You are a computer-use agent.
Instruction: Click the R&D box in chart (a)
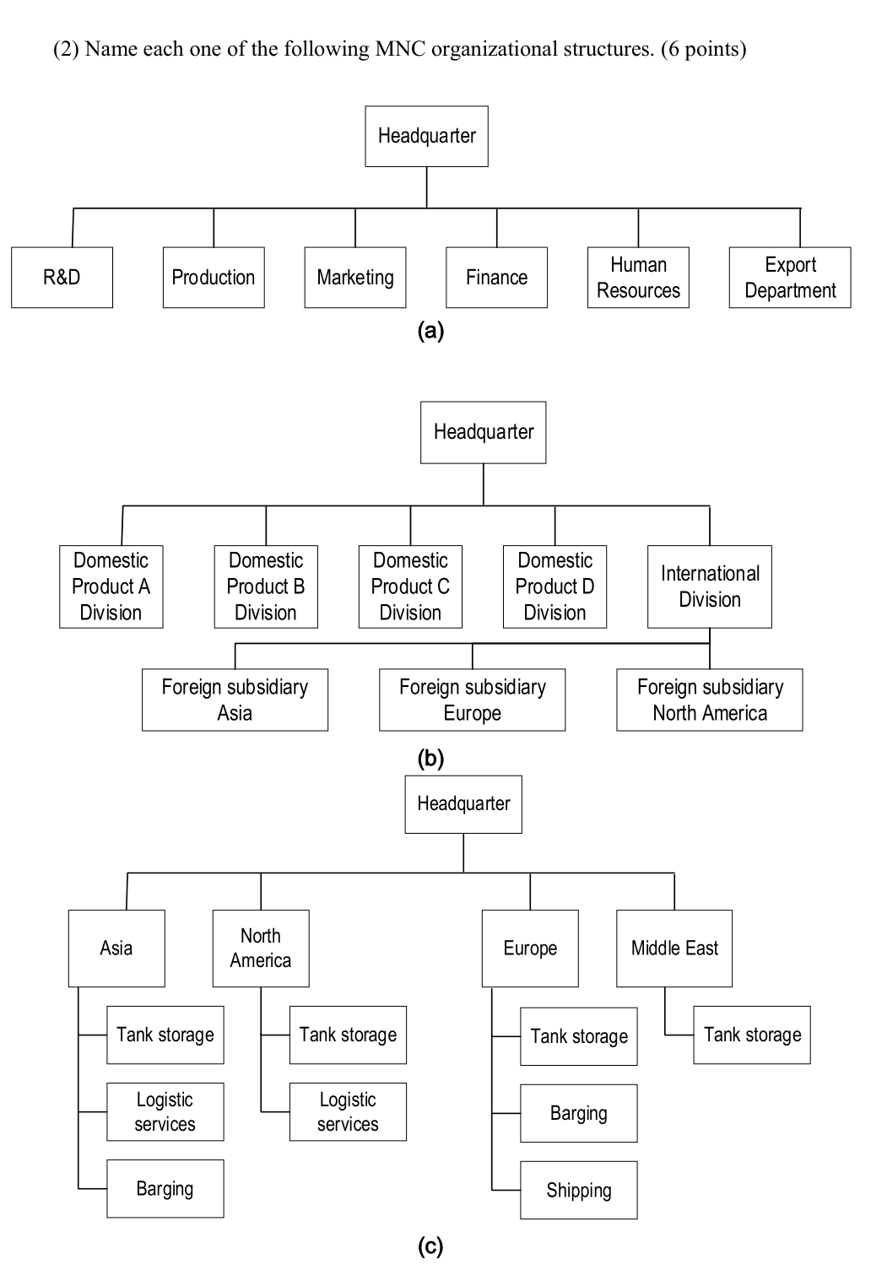(x=62, y=278)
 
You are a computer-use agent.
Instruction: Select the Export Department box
(x=789, y=278)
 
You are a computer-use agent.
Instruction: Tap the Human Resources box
(x=638, y=278)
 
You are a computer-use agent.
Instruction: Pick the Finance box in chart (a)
(x=496, y=278)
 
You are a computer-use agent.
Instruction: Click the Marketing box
(x=354, y=278)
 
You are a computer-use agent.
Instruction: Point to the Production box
(x=213, y=278)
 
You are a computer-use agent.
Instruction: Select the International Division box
(x=709, y=586)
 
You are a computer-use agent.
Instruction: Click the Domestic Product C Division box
(x=410, y=586)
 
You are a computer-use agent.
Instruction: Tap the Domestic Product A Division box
(x=111, y=586)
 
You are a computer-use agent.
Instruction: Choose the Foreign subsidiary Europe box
(x=472, y=700)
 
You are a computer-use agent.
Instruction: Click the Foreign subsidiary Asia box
(x=235, y=700)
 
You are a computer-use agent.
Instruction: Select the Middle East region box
(x=674, y=948)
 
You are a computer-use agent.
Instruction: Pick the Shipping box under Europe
(x=578, y=1191)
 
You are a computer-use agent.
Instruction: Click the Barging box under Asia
(x=165, y=1189)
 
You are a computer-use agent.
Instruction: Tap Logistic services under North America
(x=348, y=1112)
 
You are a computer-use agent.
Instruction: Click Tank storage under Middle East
(x=752, y=1035)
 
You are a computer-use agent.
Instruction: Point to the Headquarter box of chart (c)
(x=463, y=804)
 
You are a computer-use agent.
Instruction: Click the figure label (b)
(x=430, y=758)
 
